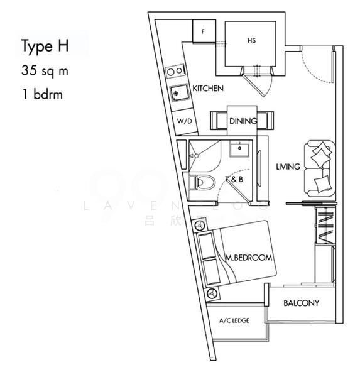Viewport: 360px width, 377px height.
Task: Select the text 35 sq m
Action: tap(44, 71)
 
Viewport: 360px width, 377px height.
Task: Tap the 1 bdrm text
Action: tap(41, 96)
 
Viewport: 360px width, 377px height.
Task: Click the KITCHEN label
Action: tap(207, 89)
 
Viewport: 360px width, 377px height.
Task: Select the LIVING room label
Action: tap(288, 167)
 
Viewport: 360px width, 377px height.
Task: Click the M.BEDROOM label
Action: tap(249, 258)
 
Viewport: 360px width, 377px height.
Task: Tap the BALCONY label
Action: tap(301, 303)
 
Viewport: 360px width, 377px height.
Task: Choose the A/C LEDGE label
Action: tap(234, 320)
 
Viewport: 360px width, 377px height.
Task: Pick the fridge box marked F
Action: tap(204, 31)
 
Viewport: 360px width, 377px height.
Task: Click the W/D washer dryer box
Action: tap(184, 120)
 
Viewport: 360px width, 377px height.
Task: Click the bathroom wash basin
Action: tap(239, 150)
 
